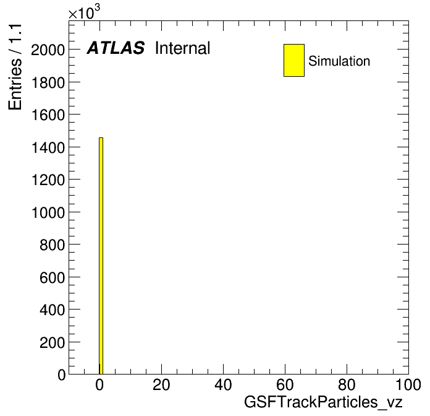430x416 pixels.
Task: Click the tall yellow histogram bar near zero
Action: click(x=101, y=256)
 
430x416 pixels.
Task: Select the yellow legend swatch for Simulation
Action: click(x=294, y=60)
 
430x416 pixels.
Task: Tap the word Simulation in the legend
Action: click(x=339, y=61)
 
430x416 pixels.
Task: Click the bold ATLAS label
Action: click(x=116, y=48)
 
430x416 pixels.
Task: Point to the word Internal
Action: click(x=183, y=48)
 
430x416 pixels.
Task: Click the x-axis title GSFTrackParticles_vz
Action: click(x=323, y=402)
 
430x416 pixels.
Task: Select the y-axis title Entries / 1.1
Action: click(x=15, y=67)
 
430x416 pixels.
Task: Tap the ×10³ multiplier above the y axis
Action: click(x=84, y=12)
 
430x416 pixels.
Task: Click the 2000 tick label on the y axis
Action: click(x=48, y=50)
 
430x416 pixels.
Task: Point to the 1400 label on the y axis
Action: click(x=48, y=147)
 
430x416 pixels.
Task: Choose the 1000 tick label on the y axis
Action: click(x=48, y=212)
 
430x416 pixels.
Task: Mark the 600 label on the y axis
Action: click(x=52, y=277)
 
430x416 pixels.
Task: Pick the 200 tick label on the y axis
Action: click(x=52, y=342)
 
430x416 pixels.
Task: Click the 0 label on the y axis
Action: click(x=61, y=375)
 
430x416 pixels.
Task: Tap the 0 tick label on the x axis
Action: click(x=99, y=384)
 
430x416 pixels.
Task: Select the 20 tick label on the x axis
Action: click(x=161, y=384)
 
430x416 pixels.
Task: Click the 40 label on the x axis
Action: click(x=223, y=384)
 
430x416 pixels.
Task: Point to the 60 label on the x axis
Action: click(x=285, y=384)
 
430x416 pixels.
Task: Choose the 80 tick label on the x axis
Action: click(x=347, y=384)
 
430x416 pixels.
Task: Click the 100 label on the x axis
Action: click(x=408, y=384)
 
